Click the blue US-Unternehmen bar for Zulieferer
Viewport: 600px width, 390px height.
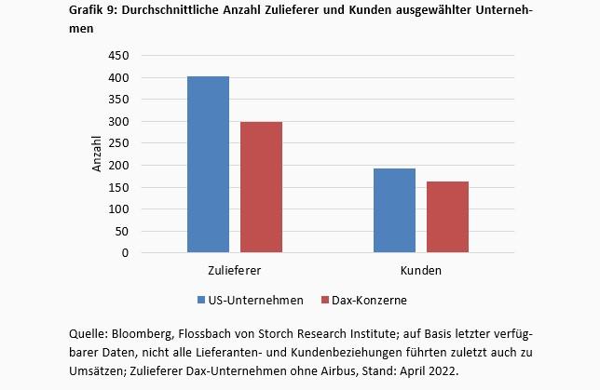tap(208, 165)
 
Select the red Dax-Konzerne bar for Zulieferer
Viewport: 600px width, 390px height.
tap(261, 187)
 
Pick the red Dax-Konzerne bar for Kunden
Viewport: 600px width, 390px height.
tap(447, 217)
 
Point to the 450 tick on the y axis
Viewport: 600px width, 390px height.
tap(118, 56)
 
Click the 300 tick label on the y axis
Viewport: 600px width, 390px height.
tap(118, 122)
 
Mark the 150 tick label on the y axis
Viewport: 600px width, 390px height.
tap(118, 187)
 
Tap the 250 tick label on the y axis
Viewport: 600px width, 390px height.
tap(118, 143)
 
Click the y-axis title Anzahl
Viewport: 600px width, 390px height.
tap(97, 155)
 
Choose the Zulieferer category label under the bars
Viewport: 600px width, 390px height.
tap(234, 271)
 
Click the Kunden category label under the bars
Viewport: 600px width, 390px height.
tap(421, 271)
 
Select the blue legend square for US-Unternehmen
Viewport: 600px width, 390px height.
tap(200, 301)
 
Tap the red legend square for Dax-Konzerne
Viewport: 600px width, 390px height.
tap(325, 301)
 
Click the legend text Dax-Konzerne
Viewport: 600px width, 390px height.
tap(371, 301)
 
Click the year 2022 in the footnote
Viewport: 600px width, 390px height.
tap(442, 370)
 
